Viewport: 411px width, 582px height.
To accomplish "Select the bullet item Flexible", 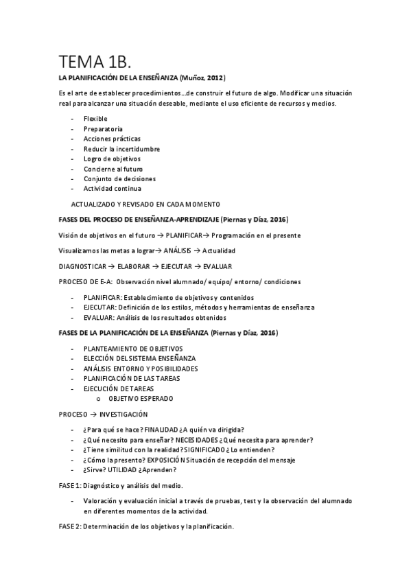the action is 95,119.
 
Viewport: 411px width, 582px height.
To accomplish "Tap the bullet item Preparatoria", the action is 103,128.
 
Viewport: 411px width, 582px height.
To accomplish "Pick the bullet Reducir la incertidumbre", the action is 121,148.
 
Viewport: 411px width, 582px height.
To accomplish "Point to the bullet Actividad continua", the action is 113,188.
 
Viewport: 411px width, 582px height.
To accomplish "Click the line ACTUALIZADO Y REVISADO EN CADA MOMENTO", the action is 145,204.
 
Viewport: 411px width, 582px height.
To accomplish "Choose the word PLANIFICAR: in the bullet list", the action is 102,297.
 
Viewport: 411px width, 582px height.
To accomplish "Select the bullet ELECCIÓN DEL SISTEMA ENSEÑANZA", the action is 139,358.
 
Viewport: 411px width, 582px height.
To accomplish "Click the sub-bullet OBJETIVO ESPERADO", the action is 141,398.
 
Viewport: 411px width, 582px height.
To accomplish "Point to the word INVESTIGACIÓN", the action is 124,415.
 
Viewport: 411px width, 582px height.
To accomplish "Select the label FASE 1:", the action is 70,485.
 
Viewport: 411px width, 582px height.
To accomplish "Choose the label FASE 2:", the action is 70,526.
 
